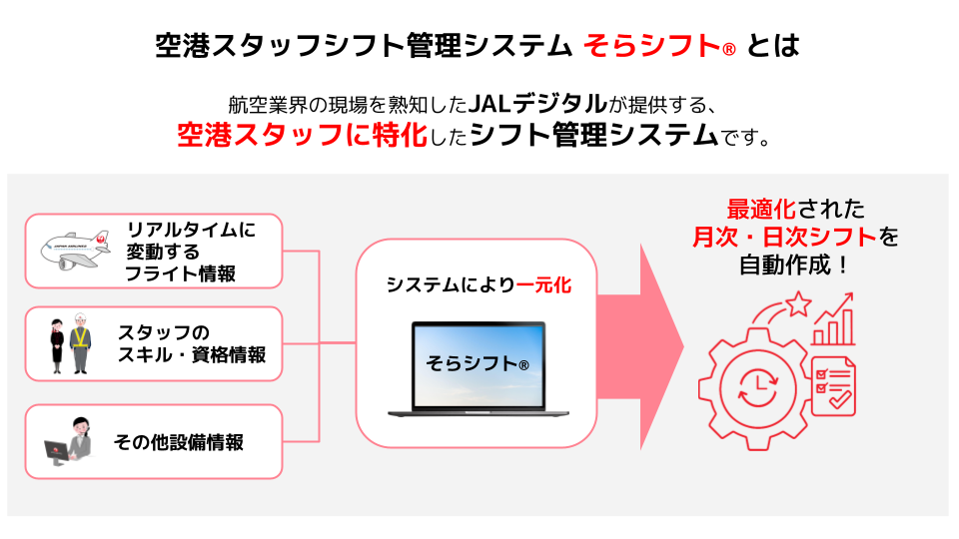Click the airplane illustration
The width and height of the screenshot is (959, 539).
click(75, 251)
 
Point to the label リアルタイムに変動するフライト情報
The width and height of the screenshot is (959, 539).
click(190, 251)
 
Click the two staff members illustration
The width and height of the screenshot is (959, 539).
click(67, 344)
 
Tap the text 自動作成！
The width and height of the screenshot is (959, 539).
click(795, 266)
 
